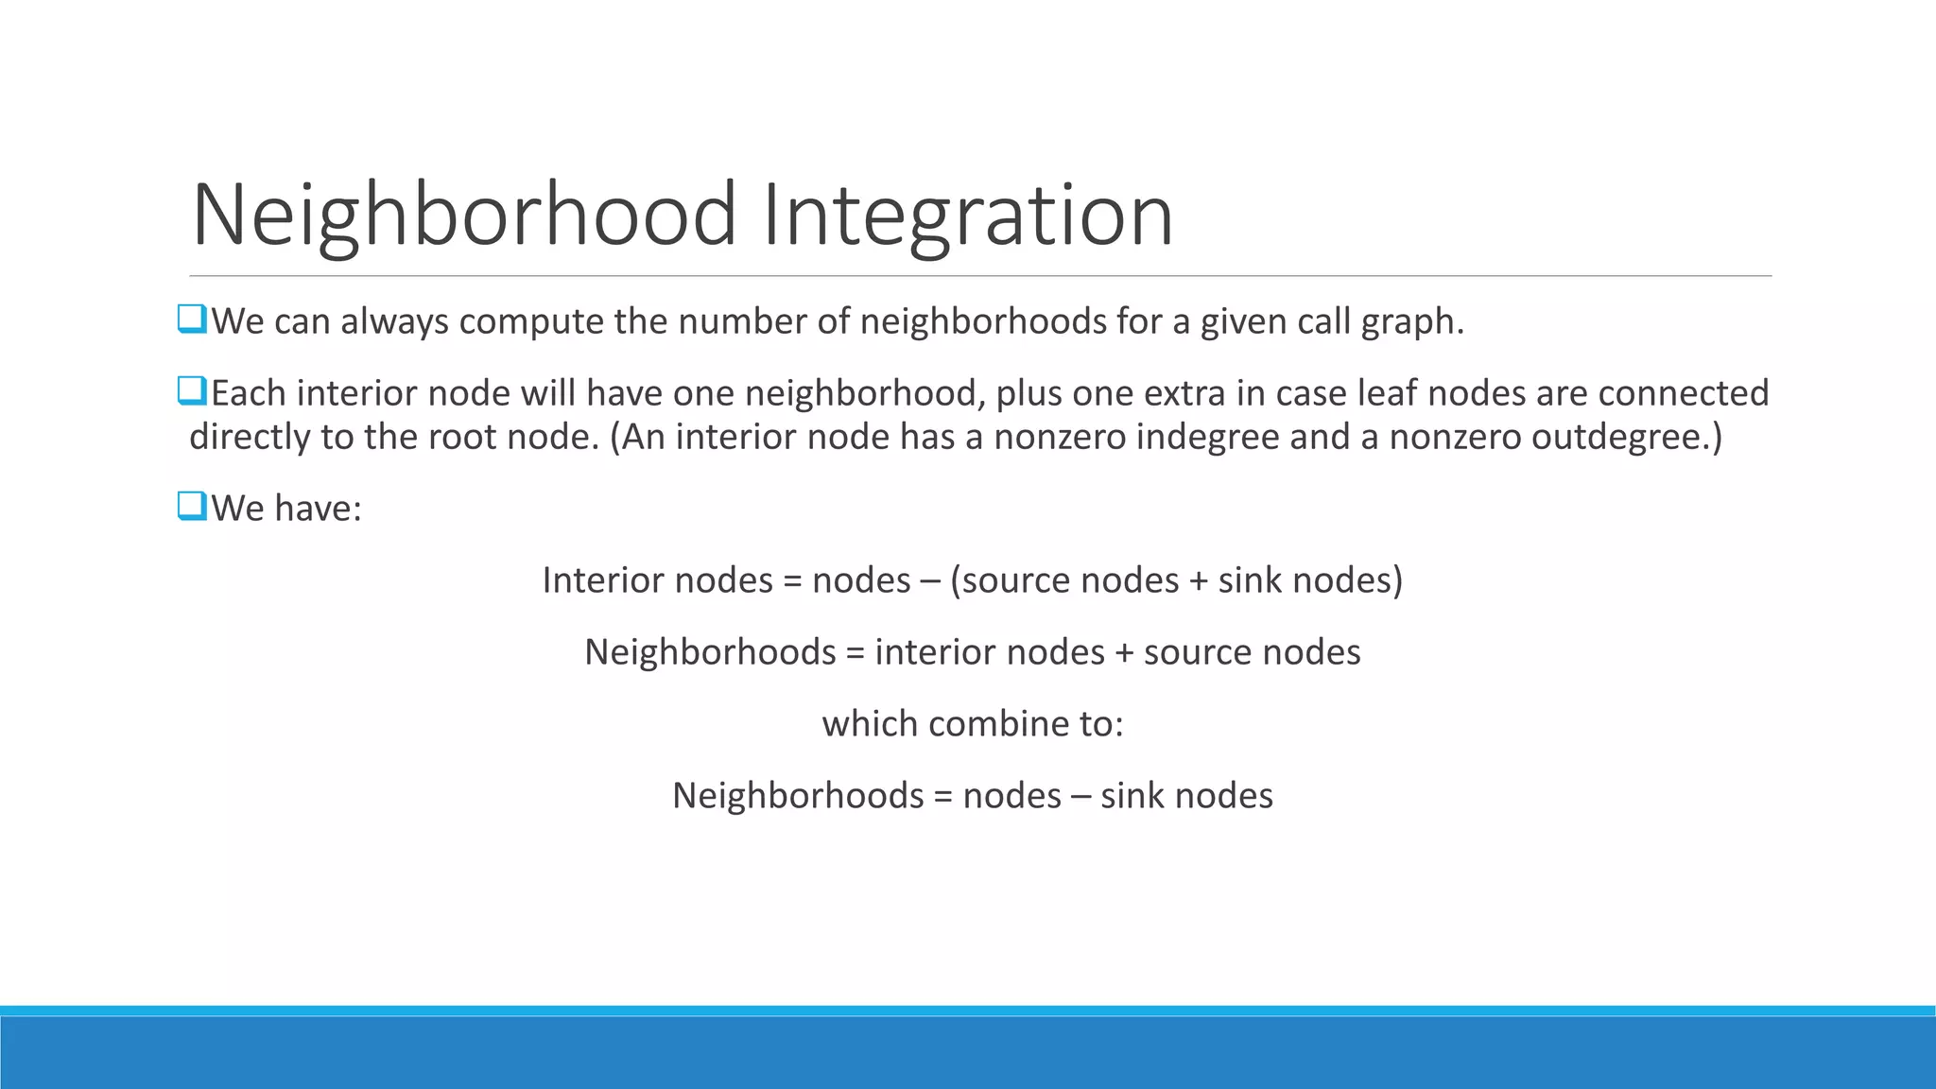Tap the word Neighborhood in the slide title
(x=463, y=216)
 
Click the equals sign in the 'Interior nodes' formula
(x=792, y=581)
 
